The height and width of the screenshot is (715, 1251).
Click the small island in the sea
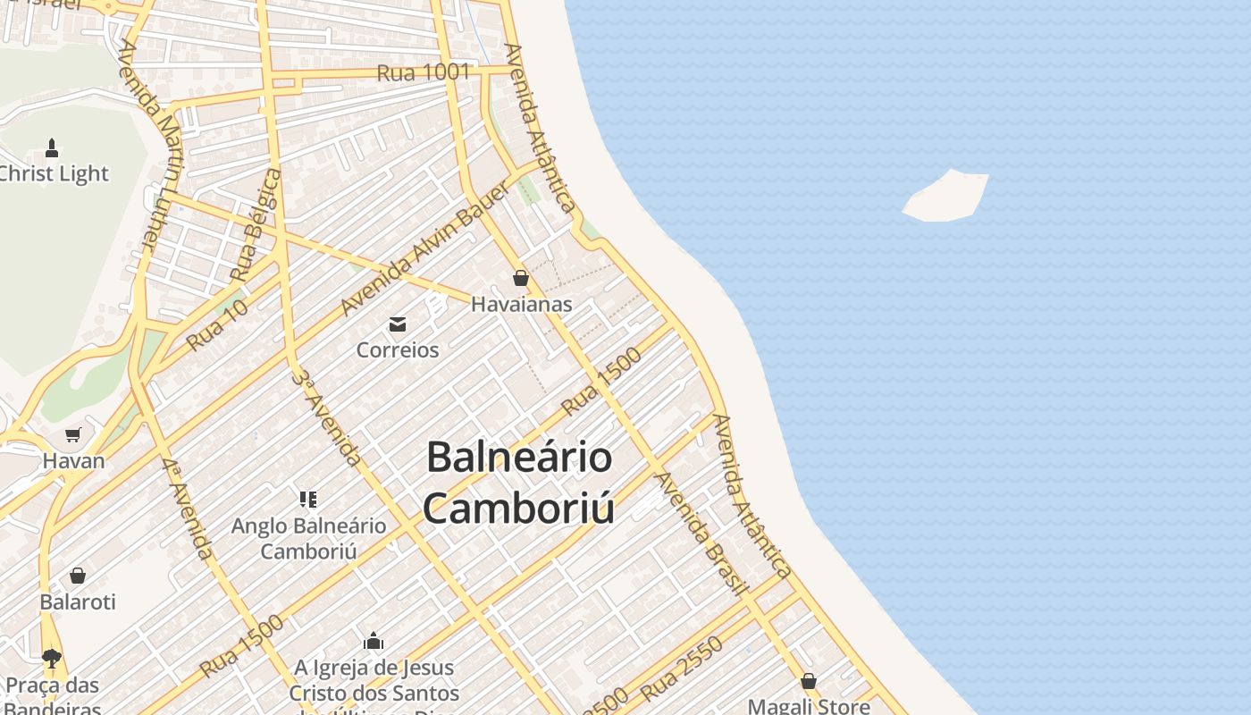(947, 196)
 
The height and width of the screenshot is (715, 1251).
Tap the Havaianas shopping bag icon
(521, 278)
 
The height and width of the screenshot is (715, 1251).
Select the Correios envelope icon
(398, 324)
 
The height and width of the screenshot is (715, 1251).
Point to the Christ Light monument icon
(52, 148)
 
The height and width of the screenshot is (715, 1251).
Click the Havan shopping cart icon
(73, 435)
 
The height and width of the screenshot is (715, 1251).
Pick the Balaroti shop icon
(78, 575)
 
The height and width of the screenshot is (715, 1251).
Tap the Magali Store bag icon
(809, 681)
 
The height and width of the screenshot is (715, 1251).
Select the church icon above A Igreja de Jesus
(374, 641)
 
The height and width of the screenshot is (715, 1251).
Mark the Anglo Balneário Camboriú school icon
(308, 499)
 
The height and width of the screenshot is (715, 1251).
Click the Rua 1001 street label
(423, 72)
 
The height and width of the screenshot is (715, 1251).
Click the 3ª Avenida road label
(328, 418)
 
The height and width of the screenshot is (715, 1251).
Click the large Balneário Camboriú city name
(519, 483)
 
